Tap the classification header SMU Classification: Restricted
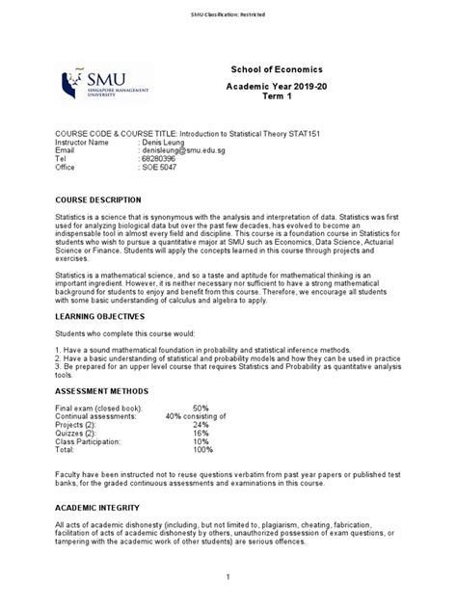[x=228, y=14]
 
